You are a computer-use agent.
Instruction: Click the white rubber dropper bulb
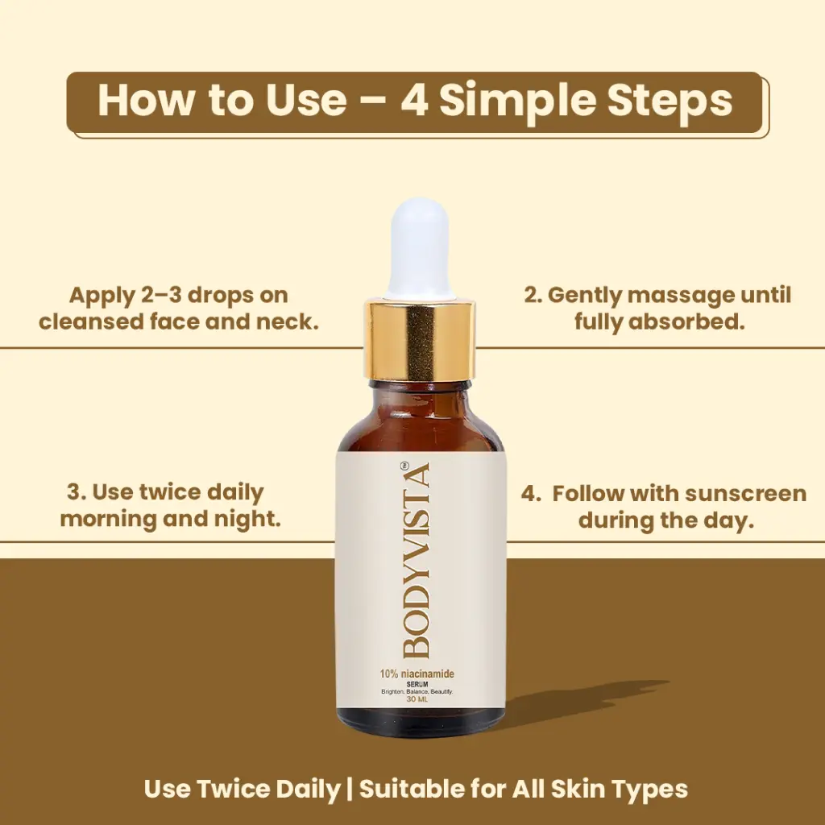tap(419, 248)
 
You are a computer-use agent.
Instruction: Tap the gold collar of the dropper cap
tap(421, 339)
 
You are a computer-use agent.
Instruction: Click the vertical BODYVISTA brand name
tap(416, 560)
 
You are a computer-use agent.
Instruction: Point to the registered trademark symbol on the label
tap(404, 466)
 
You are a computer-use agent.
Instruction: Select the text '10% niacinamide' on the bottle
tap(417, 674)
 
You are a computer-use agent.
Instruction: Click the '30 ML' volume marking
tap(417, 699)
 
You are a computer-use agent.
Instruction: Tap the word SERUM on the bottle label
tap(417, 684)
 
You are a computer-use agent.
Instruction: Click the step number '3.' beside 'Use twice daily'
tap(77, 492)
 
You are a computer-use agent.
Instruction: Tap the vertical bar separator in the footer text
tap(350, 790)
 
